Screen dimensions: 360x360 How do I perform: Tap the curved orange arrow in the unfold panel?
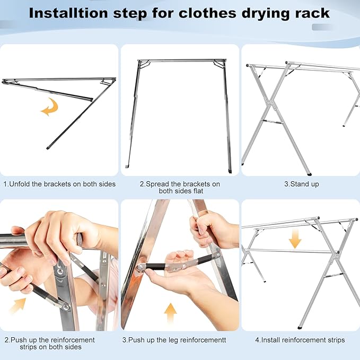50,109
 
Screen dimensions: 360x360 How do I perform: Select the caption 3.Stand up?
301,184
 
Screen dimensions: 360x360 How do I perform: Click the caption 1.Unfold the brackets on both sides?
59,184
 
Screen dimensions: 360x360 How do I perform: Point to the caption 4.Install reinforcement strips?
301,340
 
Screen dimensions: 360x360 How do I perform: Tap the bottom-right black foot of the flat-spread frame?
229,170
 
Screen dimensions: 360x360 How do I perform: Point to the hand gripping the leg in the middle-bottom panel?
212,229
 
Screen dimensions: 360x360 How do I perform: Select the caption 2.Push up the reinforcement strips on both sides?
50,343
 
